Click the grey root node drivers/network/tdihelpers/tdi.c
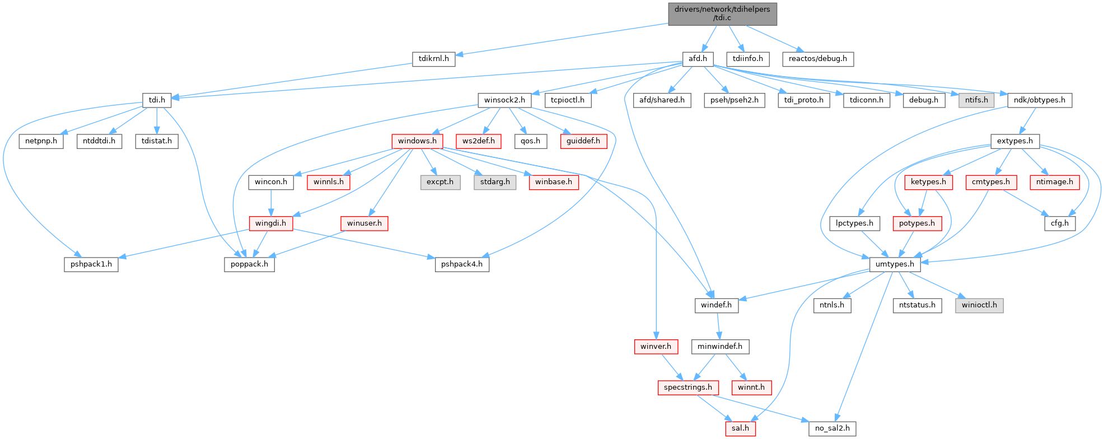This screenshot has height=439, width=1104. pos(722,13)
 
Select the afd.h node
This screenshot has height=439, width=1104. pos(698,58)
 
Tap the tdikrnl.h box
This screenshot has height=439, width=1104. pos(434,58)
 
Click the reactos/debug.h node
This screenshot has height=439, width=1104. pos(818,58)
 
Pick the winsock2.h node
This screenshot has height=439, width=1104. pos(504,100)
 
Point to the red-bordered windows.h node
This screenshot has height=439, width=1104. pos(417,141)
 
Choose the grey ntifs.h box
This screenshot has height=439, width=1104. pos(976,100)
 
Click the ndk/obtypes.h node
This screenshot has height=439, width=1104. pos(1040,100)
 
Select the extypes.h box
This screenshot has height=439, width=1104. pos(1015,141)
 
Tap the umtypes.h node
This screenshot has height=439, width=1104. pos(895,264)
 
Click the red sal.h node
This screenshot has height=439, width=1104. pos(740,428)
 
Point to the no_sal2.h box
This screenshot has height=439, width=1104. pos(832,428)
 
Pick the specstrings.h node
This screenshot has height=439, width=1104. pos(687,387)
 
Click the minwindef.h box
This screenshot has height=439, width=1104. pos(720,346)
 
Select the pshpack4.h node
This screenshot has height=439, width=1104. pos(462,264)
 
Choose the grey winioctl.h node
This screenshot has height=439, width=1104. pos(979,305)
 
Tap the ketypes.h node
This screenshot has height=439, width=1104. pos(928,182)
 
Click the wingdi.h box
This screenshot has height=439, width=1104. pos(271,223)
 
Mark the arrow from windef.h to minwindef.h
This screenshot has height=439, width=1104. pos(718,326)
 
